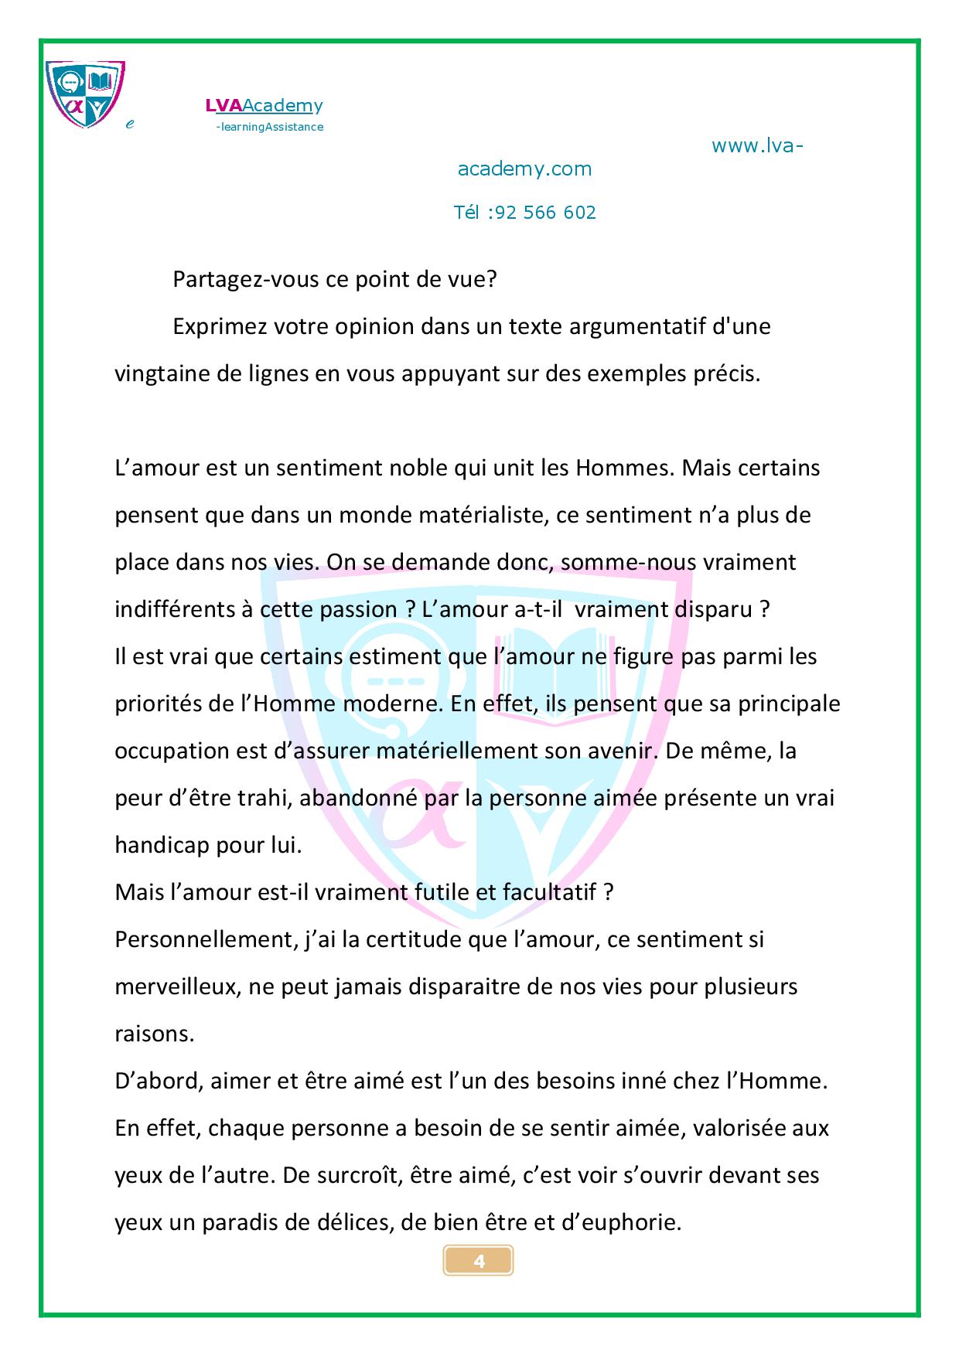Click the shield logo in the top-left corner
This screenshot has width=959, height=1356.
click(85, 94)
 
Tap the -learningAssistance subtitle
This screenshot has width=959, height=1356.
click(269, 127)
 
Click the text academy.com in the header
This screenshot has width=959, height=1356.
click(524, 169)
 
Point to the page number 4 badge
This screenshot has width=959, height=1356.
click(479, 1262)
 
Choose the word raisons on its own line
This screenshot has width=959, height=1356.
click(154, 1034)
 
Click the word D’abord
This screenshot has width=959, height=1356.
click(157, 1081)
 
